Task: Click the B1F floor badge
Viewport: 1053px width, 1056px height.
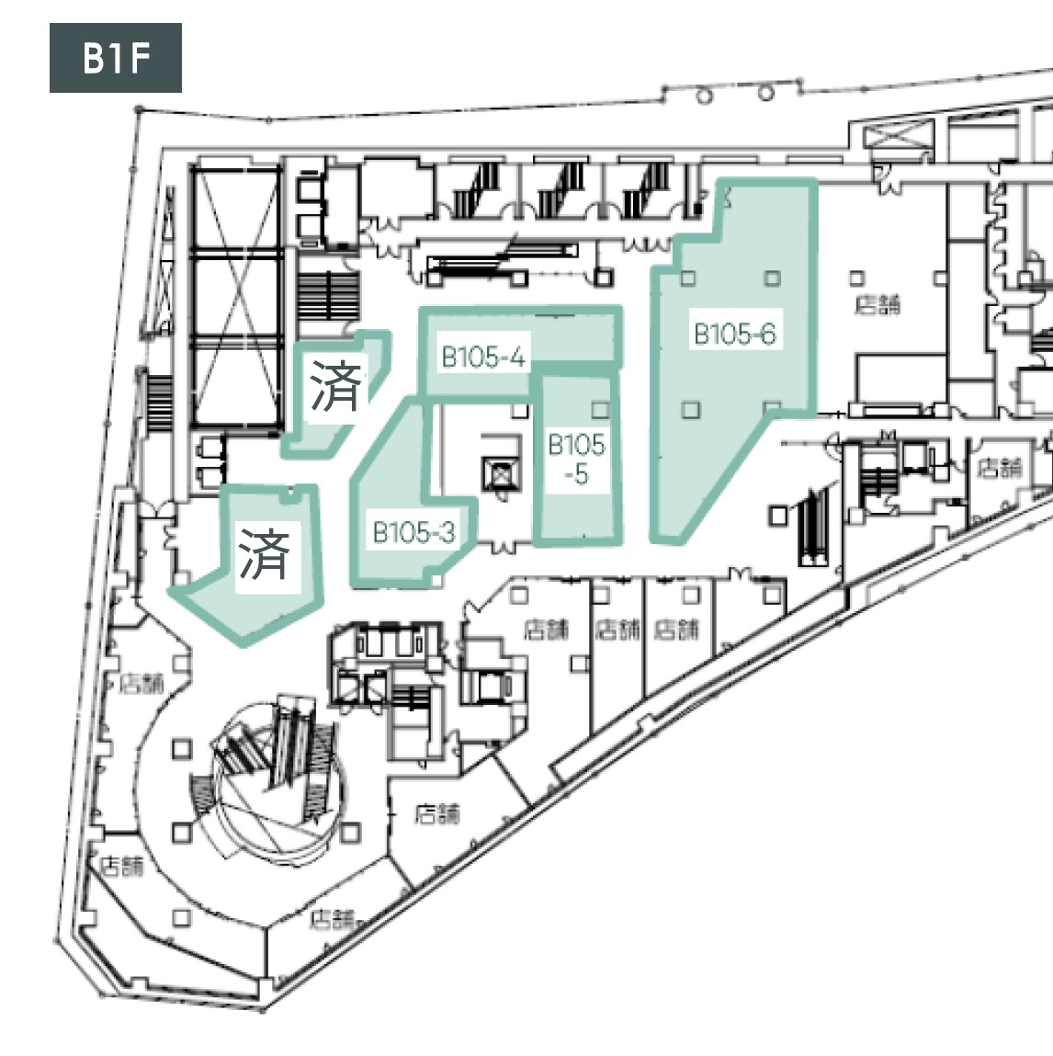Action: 115,59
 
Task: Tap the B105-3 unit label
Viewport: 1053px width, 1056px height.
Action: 413,532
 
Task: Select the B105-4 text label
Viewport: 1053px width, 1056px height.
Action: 483,357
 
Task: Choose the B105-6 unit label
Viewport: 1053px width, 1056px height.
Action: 734,334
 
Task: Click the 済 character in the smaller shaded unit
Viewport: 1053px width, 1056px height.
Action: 336,386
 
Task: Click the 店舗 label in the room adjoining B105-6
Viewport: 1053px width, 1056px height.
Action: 877,304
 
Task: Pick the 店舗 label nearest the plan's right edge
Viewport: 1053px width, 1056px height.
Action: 1000,467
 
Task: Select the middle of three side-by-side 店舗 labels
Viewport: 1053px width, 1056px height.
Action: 617,630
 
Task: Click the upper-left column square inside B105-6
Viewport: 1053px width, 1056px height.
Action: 687,278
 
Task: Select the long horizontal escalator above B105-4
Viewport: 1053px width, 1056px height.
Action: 502,260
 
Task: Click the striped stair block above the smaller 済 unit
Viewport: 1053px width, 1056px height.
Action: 327,295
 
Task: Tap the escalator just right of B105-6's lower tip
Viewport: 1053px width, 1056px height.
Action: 814,526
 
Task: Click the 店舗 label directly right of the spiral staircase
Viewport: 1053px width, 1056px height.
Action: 436,813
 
